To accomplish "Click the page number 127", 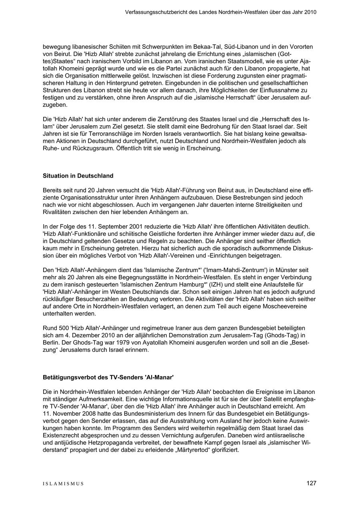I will coord(311,483).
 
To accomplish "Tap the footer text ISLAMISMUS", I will coord(64,483).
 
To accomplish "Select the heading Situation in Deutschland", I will coord(78,176).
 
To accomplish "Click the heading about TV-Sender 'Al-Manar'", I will coord(108,377).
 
